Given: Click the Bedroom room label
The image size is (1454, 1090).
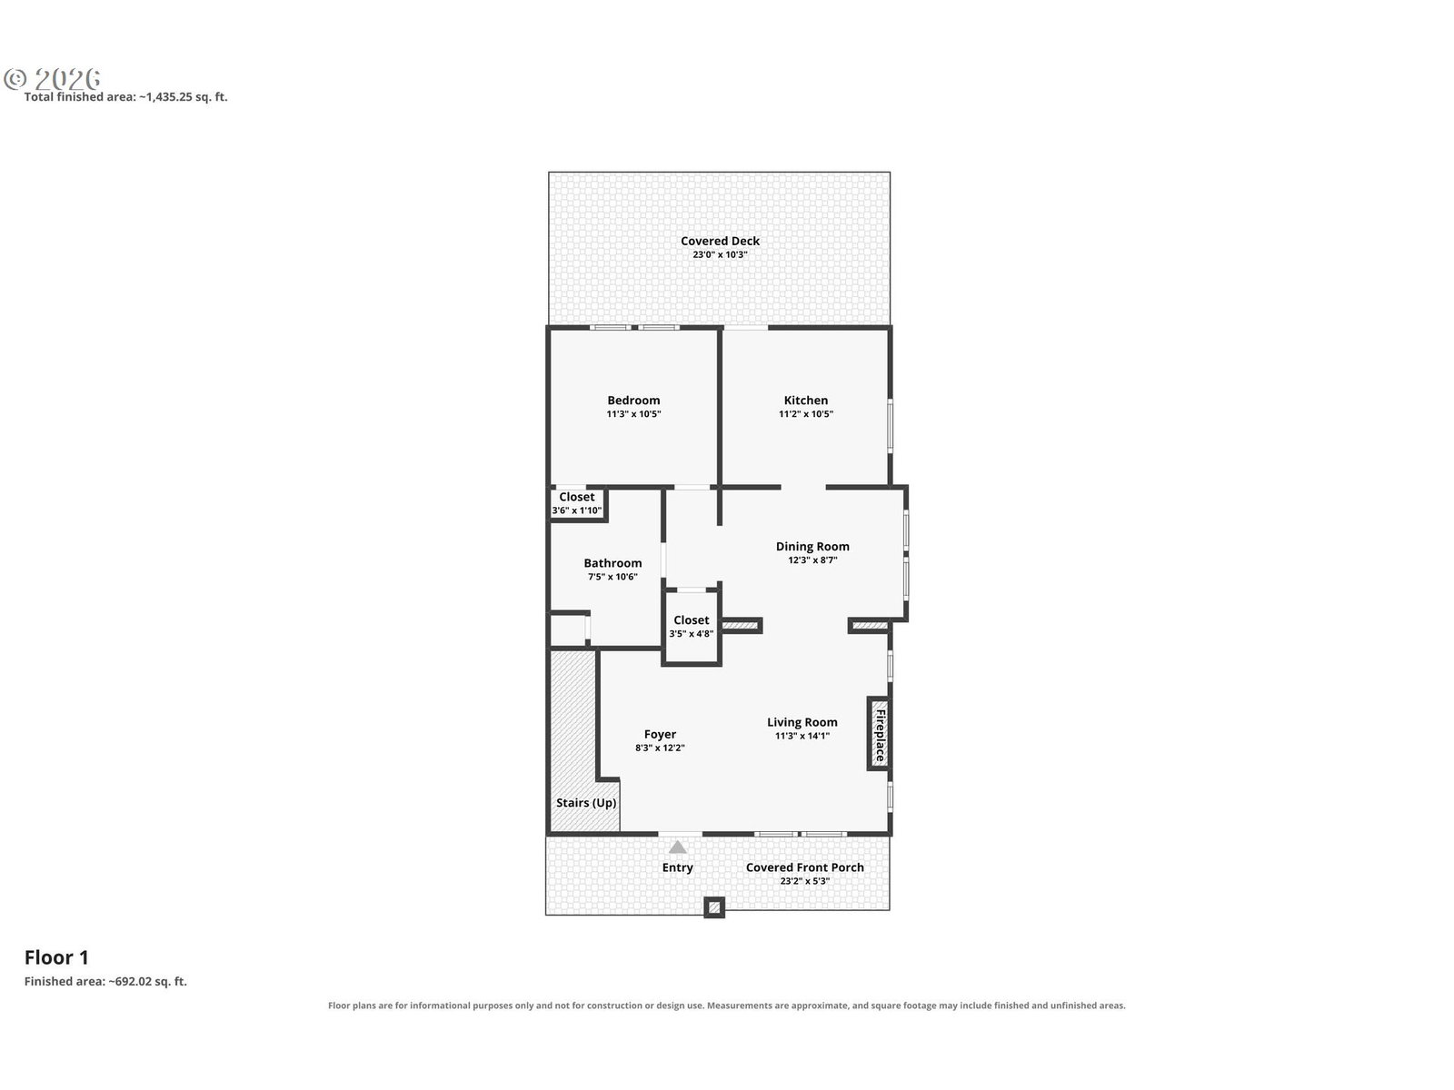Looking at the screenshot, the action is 633,401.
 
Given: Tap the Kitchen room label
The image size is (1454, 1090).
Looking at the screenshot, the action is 805,401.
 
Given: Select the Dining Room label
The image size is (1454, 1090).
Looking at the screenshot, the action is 812,547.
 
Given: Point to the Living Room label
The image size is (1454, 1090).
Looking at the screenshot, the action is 802,723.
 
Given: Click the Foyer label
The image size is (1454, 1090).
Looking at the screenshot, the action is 660,735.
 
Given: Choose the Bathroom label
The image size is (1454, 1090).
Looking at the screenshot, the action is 612,563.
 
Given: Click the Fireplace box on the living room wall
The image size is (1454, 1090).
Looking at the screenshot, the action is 879,734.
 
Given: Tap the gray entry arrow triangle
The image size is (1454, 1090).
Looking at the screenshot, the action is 677,847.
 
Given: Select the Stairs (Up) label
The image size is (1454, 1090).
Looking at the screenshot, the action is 585,803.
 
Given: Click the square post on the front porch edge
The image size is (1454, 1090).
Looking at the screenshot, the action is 713,908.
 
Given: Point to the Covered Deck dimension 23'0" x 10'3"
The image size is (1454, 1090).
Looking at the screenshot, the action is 720,255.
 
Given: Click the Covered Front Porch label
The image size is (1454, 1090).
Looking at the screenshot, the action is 804,867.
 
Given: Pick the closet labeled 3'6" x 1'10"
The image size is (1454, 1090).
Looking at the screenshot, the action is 577,503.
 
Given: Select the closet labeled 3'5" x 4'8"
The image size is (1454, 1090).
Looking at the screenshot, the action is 691,627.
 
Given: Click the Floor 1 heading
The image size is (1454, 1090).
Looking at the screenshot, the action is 56,957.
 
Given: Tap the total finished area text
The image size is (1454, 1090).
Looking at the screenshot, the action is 125,96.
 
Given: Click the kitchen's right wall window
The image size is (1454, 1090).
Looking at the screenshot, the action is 891,425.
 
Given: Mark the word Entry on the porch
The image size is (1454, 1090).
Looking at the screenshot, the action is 677,867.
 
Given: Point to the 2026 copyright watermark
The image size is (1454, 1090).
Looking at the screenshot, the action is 53,79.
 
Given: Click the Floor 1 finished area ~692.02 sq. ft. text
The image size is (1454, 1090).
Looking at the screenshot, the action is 106,982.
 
